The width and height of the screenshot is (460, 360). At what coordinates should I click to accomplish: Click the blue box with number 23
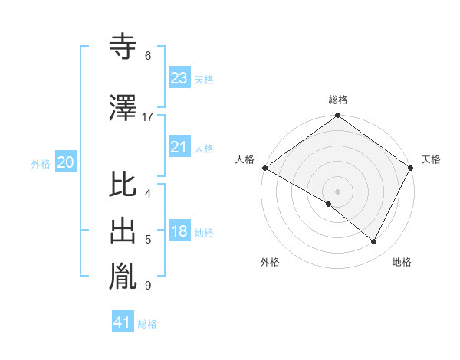[x=179, y=78]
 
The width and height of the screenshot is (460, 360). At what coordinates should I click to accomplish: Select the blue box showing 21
[x=179, y=147]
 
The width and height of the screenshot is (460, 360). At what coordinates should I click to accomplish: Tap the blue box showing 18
[x=179, y=232]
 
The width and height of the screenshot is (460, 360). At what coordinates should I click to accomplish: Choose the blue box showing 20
[x=66, y=162]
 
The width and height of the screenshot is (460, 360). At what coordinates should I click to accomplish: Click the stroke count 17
[x=148, y=117]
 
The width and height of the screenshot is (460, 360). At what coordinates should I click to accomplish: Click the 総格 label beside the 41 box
[x=147, y=324]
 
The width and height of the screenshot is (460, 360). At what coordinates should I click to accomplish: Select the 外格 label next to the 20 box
[x=41, y=164]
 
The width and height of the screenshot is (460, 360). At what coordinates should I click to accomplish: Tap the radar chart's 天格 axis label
[x=431, y=159]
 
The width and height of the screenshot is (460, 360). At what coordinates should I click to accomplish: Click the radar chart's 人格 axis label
[x=245, y=159]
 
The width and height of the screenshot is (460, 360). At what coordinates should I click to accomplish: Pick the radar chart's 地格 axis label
[x=402, y=262]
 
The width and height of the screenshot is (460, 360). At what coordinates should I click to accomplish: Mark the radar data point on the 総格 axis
[x=337, y=116]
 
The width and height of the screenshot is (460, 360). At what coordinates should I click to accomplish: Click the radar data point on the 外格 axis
[x=329, y=204]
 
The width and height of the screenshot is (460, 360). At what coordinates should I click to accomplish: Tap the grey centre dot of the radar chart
[x=337, y=191]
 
